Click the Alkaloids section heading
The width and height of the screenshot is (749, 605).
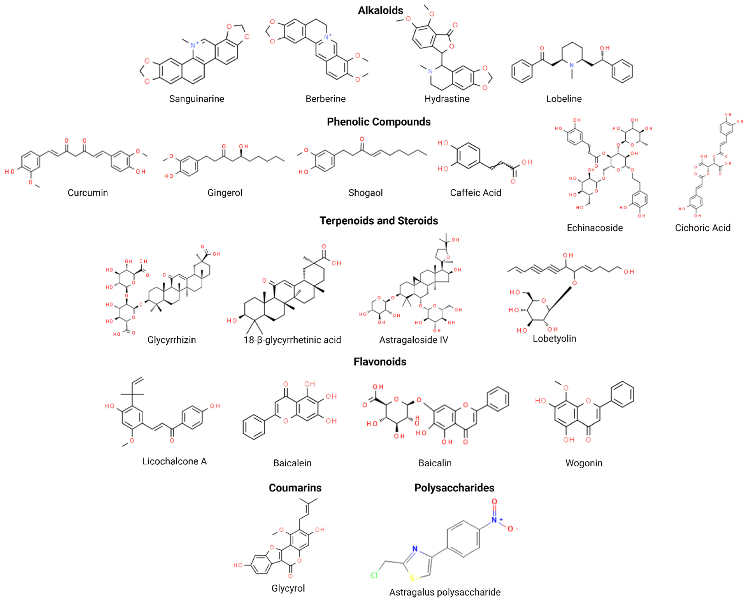coord(380,11)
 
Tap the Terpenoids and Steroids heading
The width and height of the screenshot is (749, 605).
coord(379,221)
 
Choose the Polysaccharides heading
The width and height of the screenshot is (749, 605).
coord(454,487)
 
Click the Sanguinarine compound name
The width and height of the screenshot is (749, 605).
coord(196,99)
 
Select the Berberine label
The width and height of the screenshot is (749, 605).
coord(325,99)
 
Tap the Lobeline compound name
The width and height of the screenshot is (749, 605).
coord(563,99)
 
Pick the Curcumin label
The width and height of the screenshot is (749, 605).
coord(88,192)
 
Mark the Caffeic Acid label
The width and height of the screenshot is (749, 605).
coord(475,192)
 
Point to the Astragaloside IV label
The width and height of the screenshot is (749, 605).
coord(414,340)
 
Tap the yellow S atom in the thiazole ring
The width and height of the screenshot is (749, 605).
coord(412,578)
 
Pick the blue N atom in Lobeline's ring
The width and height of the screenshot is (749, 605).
coord(571,65)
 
